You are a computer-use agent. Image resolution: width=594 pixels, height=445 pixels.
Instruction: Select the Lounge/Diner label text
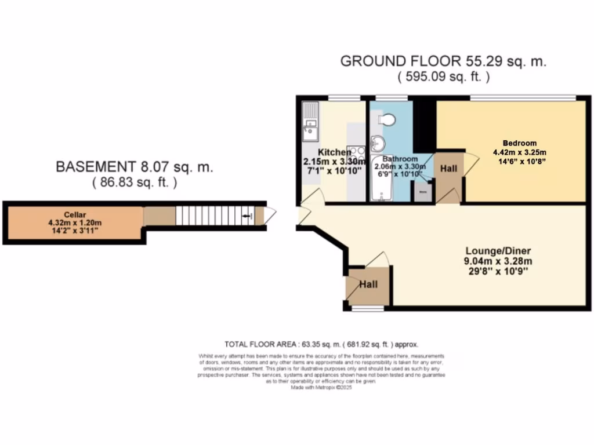[498, 251]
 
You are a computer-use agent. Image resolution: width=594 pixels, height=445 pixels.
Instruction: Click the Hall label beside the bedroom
[448, 169]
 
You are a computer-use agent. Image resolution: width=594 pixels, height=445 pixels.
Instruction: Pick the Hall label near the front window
[368, 284]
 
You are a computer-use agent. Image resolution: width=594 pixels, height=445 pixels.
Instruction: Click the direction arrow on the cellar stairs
[249, 217]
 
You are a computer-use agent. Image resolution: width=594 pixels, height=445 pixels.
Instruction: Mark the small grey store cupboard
[423, 192]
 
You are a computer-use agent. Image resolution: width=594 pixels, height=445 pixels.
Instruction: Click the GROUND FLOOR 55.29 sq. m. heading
[443, 61]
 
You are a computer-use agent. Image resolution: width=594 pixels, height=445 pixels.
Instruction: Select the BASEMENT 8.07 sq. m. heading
[134, 167]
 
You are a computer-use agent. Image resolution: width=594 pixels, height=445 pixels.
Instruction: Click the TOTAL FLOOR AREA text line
[321, 344]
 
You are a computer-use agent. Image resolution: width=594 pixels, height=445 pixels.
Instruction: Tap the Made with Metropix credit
[321, 388]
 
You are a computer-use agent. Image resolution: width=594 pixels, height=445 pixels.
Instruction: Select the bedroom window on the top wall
[522, 97]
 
